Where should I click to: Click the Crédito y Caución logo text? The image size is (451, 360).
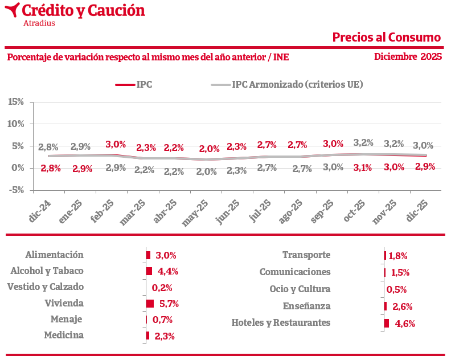click(83, 10)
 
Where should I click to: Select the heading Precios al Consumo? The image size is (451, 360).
click(387, 38)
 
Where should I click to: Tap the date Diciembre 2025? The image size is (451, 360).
click(408, 56)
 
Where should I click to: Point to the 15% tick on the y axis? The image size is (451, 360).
click(16, 101)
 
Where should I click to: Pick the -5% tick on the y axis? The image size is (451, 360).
click(16, 190)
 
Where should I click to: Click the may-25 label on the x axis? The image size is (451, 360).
click(194, 214)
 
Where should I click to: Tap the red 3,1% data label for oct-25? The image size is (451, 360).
click(363, 167)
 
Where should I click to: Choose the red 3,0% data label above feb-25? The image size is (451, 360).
click(116, 145)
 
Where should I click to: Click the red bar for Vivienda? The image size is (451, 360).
click(150, 304)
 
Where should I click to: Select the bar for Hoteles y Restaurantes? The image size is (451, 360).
click(387, 323)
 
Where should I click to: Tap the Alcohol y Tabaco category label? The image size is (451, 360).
click(47, 271)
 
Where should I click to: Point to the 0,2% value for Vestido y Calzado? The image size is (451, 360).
click(162, 288)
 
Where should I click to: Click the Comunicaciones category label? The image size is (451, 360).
click(295, 272)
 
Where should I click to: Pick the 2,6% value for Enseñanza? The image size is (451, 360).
click(403, 306)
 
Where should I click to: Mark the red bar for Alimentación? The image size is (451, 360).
click(149, 255)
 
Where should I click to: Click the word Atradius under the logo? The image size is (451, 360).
click(39, 23)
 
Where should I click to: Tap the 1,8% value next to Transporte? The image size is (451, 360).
click(398, 256)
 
